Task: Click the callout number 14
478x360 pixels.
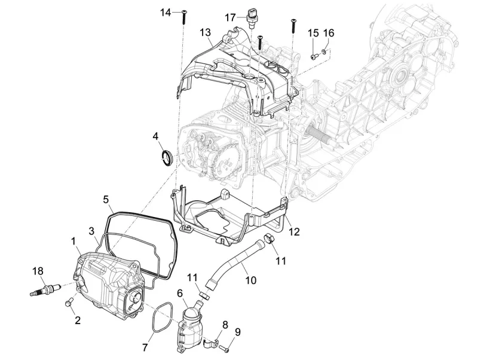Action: pyautogui.click(x=166, y=13)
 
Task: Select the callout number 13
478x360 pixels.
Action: pyautogui.click(x=205, y=31)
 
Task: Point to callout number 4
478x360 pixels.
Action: pyautogui.click(x=155, y=137)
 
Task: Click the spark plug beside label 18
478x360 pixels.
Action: pyautogui.click(x=42, y=292)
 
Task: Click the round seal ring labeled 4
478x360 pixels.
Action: pyautogui.click(x=169, y=157)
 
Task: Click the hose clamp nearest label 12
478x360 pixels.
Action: pyautogui.click(x=270, y=240)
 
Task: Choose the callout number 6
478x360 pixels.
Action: pyautogui.click(x=180, y=293)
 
